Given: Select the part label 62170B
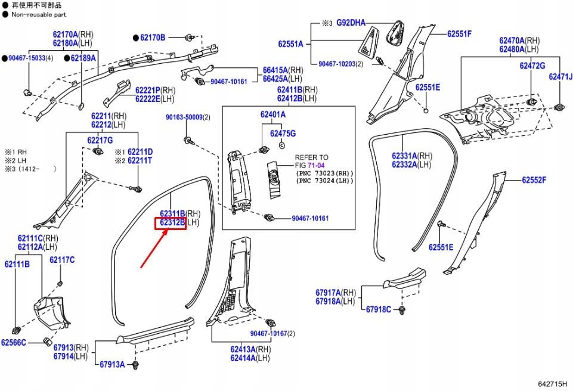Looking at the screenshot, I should (153, 38).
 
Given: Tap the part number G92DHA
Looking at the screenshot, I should (351, 23).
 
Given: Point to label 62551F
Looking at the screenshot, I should (459, 34).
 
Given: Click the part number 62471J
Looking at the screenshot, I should (560, 77).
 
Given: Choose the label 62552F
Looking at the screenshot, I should (534, 180).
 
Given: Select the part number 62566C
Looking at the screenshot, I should (14, 343).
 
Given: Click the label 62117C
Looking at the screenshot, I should (62, 260).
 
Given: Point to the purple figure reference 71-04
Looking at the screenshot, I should (318, 166).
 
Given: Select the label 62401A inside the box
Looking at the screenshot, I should (272, 114).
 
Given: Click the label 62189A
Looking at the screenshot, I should (83, 58).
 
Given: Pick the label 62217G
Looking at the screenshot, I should (100, 140).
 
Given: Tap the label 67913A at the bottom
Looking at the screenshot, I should (112, 364).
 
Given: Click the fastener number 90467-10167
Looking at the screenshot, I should (268, 334).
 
